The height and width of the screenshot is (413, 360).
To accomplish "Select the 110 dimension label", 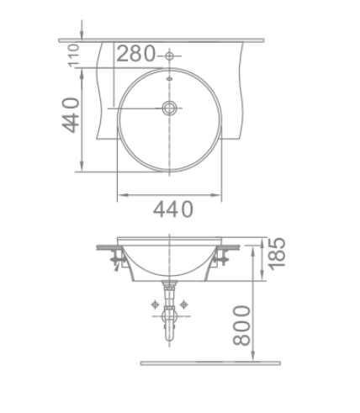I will (x=73, y=55).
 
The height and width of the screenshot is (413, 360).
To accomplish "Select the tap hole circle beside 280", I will (x=171, y=56).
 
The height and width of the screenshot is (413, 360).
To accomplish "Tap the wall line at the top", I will (x=160, y=40).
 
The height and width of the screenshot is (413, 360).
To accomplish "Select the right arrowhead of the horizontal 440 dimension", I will (x=222, y=194).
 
